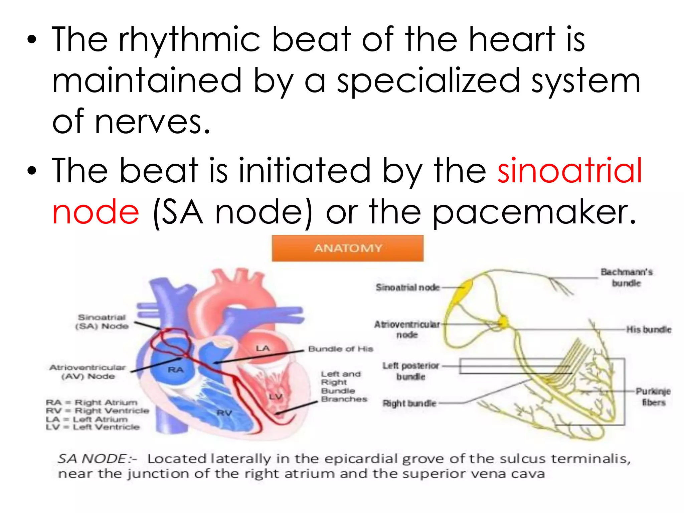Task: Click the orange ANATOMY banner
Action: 348,248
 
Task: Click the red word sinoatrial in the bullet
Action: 570,171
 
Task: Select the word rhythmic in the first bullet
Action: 189,40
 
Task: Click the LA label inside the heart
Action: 263,349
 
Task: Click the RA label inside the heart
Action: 176,370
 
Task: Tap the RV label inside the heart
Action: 224,413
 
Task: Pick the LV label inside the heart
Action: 276,396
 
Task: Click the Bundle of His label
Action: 340,349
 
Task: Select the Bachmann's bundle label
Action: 627,278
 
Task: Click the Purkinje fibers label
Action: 653,396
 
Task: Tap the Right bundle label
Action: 409,403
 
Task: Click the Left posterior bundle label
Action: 411,371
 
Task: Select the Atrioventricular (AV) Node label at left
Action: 88,372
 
